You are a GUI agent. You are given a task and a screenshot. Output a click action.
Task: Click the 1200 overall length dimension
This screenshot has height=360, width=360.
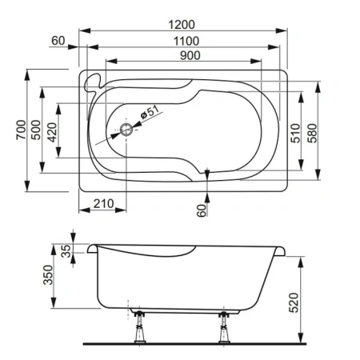tap(183, 14)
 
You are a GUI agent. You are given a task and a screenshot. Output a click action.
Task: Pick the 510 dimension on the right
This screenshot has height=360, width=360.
tap(294, 132)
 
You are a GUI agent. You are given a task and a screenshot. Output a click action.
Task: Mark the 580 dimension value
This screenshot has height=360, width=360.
tap(314, 132)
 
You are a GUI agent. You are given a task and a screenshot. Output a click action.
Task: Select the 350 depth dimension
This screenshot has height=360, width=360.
tap(47, 277)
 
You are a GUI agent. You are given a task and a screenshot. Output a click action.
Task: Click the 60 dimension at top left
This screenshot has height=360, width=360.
tap(57, 40)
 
